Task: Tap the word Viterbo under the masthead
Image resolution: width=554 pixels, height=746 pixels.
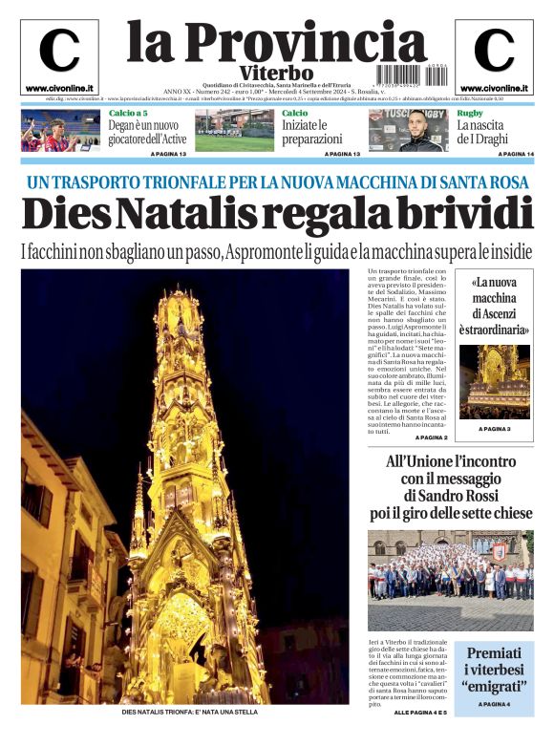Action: click(x=276, y=74)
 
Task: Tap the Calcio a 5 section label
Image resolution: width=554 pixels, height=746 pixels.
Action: click(x=127, y=113)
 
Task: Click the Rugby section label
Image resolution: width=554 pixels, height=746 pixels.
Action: click(x=469, y=113)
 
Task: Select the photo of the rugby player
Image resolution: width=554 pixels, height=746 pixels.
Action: click(x=406, y=131)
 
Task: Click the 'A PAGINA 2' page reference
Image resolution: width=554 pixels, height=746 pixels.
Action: click(x=431, y=437)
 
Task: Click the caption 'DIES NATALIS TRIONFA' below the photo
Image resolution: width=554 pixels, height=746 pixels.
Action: click(x=189, y=712)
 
